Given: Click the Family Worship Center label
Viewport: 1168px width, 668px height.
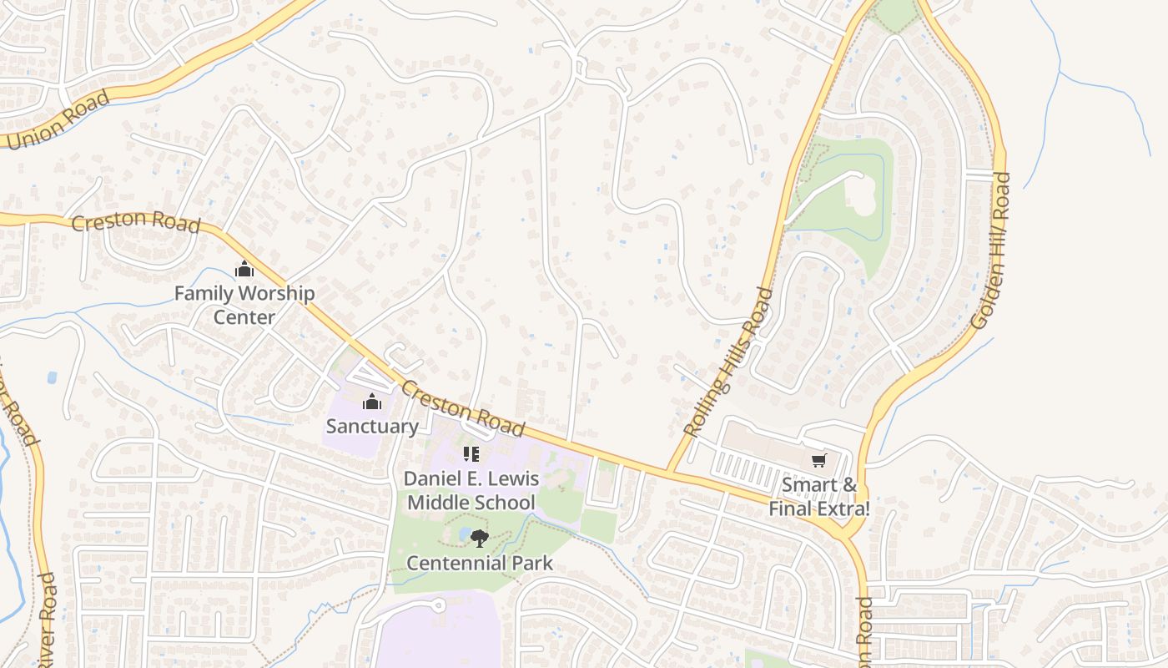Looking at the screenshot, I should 244,306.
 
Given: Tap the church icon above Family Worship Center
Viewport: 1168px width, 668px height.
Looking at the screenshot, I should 244,270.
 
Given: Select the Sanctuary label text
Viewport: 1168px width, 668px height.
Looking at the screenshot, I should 372,426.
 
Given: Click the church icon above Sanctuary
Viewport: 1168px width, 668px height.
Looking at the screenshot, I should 372,402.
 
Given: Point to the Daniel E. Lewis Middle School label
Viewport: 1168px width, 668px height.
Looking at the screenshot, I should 471,491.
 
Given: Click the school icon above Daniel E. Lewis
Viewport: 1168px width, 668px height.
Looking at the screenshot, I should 471,454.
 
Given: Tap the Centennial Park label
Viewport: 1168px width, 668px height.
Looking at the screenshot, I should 480,563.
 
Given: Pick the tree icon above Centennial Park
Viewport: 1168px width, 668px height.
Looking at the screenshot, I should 479,539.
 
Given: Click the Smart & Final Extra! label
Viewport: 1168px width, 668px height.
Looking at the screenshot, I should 819,496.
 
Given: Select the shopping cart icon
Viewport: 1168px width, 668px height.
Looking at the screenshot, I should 819,460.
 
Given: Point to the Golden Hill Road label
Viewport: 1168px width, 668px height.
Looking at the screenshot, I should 992,250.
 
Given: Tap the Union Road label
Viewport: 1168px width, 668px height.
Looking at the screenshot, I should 57,120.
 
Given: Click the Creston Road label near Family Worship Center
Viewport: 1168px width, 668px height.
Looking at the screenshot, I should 136,223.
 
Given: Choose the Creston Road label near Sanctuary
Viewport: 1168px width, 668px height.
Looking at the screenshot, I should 463,408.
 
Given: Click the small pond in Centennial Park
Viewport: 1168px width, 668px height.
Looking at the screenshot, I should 464,534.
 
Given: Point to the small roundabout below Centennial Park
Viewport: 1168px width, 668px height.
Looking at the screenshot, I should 438,605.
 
